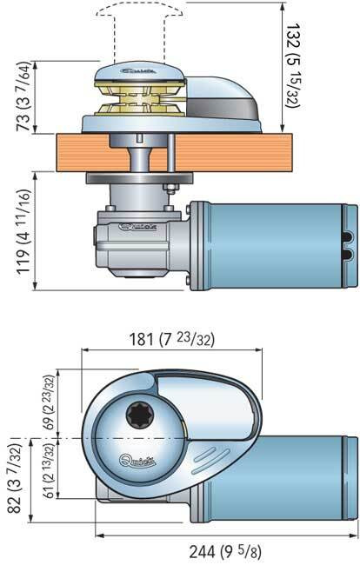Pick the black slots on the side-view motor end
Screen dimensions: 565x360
click(x=348, y=237)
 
